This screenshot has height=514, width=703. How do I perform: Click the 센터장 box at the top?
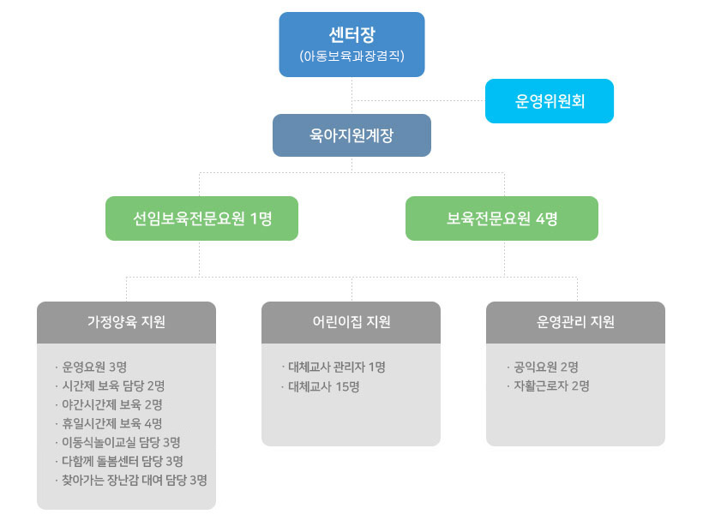(351, 36)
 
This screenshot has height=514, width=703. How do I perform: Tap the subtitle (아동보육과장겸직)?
(351, 57)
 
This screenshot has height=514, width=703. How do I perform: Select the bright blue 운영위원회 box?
(550, 101)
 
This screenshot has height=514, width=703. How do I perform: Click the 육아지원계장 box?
(351, 135)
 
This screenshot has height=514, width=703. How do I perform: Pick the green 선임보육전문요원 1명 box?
(202, 218)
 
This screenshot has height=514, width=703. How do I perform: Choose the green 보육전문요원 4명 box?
(502, 218)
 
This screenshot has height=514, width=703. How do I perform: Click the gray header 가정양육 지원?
(126, 323)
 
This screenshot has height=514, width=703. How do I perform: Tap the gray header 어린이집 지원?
(351, 323)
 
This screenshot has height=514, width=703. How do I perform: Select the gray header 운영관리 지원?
(575, 323)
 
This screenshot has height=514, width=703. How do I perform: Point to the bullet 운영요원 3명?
(94, 368)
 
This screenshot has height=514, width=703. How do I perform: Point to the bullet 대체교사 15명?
(323, 386)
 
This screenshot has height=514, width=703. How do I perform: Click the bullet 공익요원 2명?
(546, 368)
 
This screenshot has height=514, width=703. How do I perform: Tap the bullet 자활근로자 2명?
(551, 386)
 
